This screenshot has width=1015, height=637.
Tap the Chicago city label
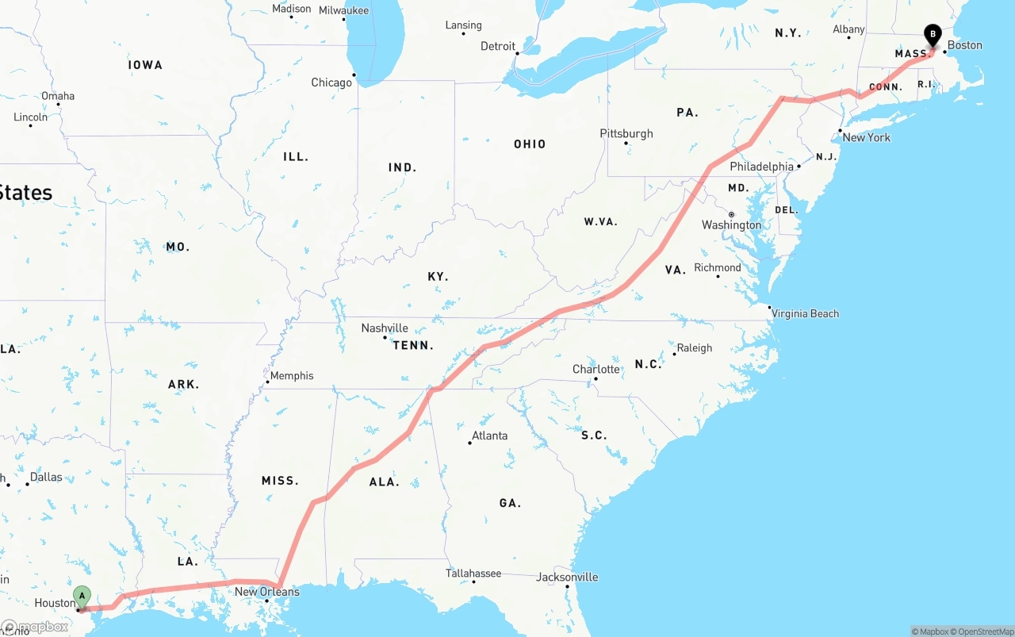tap(331, 83)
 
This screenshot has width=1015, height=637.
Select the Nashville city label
tap(385, 328)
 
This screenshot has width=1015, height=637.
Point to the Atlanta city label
tap(489, 436)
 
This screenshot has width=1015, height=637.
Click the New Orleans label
tap(267, 591)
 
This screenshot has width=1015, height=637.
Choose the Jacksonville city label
tap(567, 577)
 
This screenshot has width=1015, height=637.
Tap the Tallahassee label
tap(473, 573)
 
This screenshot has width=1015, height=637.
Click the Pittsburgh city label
tap(626, 133)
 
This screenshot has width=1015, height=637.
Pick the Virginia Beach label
tap(805, 313)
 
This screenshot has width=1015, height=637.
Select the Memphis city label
tap(292, 375)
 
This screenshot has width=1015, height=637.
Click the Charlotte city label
tap(596, 369)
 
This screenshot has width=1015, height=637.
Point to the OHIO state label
tap(530, 144)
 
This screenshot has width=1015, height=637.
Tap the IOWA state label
tap(145, 65)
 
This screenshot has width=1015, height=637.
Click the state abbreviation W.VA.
tap(600, 221)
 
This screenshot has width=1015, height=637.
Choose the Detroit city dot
tap(517, 54)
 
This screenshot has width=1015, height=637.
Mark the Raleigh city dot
tap(674, 354)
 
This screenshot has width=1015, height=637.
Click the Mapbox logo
tap(36, 627)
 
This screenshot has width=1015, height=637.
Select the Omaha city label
tap(58, 96)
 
